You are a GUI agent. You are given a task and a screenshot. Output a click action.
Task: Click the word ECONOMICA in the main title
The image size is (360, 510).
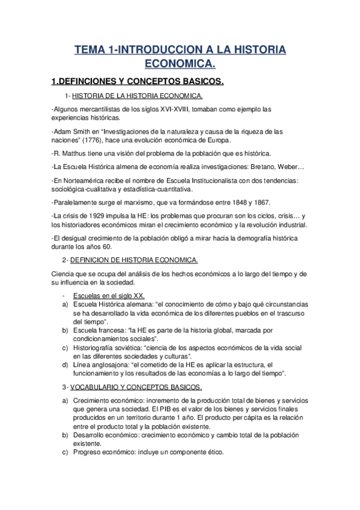(180, 63)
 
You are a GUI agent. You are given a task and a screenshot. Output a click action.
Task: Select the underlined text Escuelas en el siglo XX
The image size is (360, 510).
(109, 296)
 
